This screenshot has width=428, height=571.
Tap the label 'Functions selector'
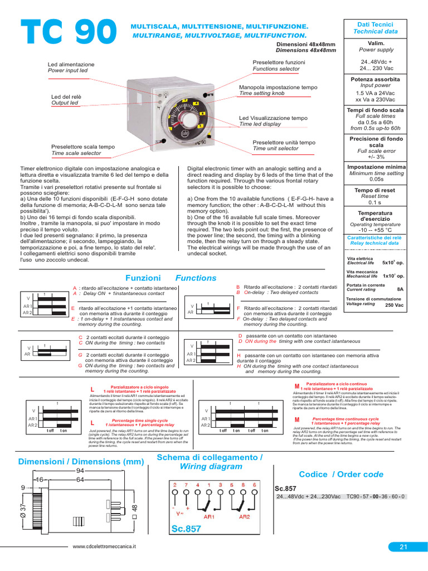(x=276, y=69)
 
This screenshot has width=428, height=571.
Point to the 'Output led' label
(x=65, y=103)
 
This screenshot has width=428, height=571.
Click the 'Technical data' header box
(x=375, y=28)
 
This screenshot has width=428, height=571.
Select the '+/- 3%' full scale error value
(x=376, y=157)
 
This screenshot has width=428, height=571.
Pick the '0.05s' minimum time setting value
(x=376, y=180)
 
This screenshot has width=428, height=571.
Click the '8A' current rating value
(x=400, y=289)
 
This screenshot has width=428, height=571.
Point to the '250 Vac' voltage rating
(x=395, y=305)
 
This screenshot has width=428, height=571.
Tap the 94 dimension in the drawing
(x=80, y=471)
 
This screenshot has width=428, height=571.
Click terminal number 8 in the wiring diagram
(x=243, y=485)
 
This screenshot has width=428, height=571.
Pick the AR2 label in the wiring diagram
(x=244, y=517)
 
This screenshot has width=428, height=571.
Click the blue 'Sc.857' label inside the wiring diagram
(x=186, y=529)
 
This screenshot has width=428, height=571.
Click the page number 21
(x=404, y=547)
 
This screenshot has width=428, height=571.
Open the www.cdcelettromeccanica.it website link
(x=105, y=548)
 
